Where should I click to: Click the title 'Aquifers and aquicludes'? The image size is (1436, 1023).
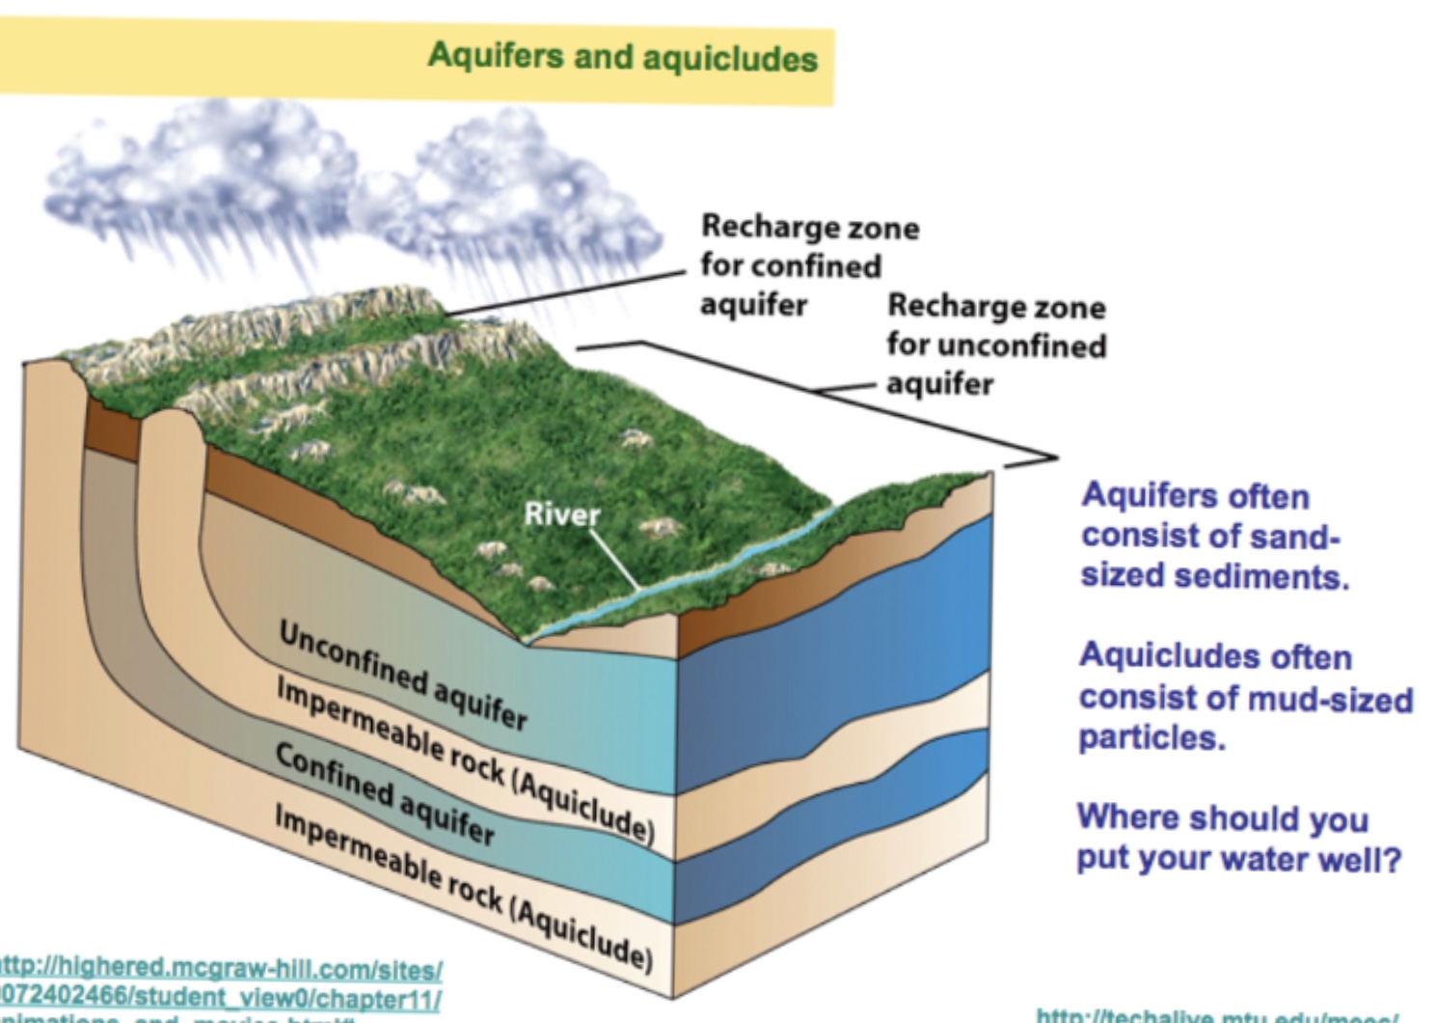(622, 57)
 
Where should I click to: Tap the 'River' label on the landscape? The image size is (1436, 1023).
(561, 513)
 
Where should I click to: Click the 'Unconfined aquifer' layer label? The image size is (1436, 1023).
(403, 675)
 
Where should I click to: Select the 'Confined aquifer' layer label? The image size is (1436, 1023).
(385, 792)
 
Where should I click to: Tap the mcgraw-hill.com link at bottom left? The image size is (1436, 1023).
(222, 981)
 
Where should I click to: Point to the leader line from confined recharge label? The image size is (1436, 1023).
(569, 292)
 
